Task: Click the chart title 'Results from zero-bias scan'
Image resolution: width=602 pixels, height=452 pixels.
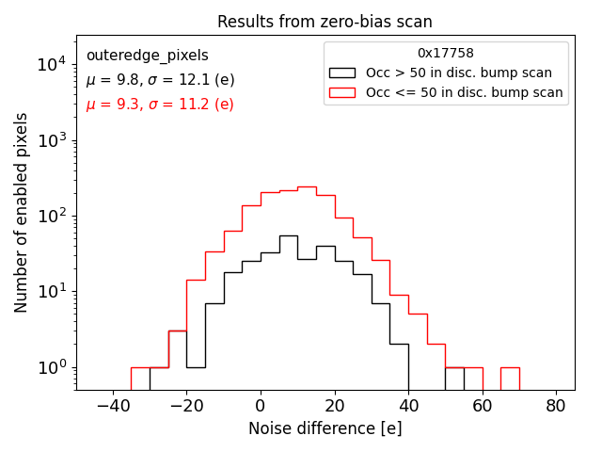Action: click(x=325, y=22)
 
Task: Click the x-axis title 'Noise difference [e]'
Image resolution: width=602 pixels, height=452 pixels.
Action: click(x=325, y=428)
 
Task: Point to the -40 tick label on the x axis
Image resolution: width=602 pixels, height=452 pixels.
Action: click(x=113, y=406)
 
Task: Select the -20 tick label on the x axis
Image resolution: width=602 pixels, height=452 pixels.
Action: click(x=186, y=406)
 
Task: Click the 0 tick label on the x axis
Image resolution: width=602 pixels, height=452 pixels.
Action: click(x=261, y=406)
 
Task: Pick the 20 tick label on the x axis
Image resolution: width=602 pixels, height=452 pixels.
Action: click(x=335, y=406)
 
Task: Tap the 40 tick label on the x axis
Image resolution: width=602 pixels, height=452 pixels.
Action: click(x=408, y=406)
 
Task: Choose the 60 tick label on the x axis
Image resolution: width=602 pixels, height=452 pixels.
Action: click(x=483, y=406)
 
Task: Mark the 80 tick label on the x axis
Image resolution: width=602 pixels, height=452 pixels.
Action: click(x=557, y=406)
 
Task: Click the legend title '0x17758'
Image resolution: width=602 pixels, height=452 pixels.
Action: click(x=446, y=54)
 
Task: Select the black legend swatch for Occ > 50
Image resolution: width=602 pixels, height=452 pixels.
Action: click(x=343, y=73)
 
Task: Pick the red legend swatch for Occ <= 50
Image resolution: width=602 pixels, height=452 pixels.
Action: click(x=343, y=92)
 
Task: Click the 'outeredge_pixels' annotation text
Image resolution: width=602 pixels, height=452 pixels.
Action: click(x=147, y=56)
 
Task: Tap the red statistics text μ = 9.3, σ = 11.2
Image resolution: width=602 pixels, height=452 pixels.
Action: click(x=160, y=105)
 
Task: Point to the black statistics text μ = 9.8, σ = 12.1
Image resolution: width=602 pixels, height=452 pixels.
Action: click(x=160, y=80)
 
